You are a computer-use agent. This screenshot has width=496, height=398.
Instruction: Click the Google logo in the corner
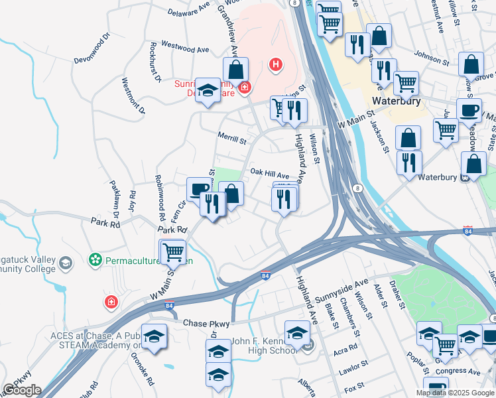(22, 390)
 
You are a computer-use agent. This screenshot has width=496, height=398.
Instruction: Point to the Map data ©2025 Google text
(454, 393)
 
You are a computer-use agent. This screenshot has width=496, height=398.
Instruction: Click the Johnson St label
(431, 59)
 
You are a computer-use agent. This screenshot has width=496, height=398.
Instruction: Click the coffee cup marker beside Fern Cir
(198, 190)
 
